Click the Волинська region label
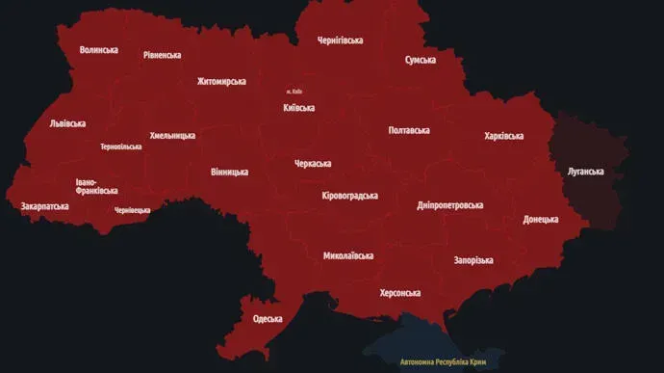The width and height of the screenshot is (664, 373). tap(99, 49)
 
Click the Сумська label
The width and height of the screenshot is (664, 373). tap(420, 60)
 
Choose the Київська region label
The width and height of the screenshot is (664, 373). tap(299, 108)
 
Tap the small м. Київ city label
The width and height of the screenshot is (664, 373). tap(296, 92)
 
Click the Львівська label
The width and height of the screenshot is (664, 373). tap(67, 123)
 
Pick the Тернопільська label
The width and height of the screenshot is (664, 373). tap(120, 147)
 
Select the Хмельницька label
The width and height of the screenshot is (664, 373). tap(172, 136)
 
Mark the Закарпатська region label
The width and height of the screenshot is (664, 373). tap(44, 206)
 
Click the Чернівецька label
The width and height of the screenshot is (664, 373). tap(132, 209)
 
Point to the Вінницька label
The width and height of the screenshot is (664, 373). tap(229, 173)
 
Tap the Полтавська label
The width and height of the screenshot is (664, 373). tap(409, 130)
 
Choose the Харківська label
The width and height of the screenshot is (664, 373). tap(503, 136)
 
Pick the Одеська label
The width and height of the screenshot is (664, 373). tap(268, 319)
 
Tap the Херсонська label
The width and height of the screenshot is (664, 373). tap(400, 292)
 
